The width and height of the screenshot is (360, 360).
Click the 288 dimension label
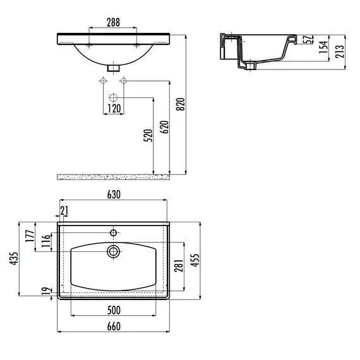click(113, 22)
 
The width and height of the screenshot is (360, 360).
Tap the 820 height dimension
click(181, 104)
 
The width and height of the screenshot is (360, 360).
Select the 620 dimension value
click(164, 127)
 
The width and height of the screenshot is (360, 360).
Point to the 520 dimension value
click(148, 135)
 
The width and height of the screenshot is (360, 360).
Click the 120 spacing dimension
click(114, 109)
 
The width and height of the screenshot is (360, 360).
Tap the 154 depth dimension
click(323, 47)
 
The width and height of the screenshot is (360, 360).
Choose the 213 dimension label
click(340, 51)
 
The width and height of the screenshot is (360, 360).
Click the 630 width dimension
click(114, 195)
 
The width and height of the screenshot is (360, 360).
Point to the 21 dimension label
click(64, 210)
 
